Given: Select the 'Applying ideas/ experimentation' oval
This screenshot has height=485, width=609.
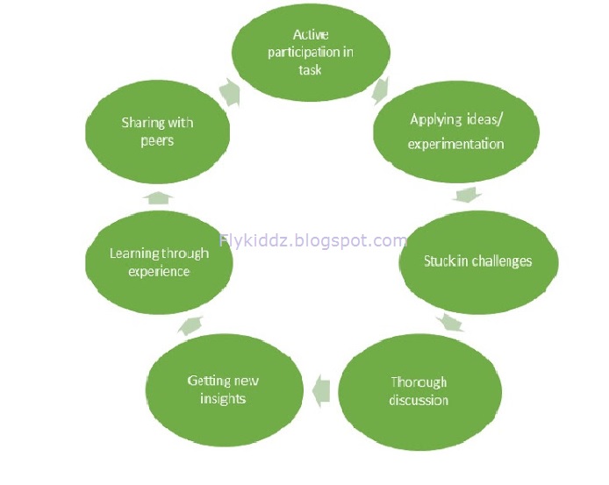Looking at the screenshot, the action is (x=455, y=132).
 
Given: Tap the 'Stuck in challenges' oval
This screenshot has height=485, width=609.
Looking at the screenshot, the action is (x=478, y=261).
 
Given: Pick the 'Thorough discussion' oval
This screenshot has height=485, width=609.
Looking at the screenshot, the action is (x=419, y=390).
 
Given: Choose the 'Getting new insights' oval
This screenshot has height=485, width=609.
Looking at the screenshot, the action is (x=224, y=389).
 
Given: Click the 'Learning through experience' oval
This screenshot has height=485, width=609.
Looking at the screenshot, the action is (x=159, y=261).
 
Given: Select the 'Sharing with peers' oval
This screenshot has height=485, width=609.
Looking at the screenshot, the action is (x=157, y=132).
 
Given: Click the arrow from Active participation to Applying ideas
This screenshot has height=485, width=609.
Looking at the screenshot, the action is (x=381, y=89).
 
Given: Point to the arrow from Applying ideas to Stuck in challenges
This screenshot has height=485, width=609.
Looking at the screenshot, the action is (x=467, y=194).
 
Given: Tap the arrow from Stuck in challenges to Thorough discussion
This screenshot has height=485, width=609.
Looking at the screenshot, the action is (x=451, y=323).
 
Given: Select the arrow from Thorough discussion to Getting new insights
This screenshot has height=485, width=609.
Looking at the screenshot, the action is (x=320, y=388).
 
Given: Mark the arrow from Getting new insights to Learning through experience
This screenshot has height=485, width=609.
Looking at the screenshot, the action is (x=190, y=326).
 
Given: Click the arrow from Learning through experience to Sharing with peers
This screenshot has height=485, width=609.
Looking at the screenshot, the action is (x=157, y=196).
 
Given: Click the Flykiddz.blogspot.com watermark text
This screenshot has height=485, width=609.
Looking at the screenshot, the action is (x=312, y=240).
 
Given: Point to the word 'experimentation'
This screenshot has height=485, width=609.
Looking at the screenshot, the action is (x=455, y=144).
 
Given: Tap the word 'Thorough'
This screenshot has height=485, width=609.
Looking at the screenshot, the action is (x=419, y=382).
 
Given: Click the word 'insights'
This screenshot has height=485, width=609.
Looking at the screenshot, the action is (x=222, y=399).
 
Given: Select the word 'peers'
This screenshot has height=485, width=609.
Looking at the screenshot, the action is (x=157, y=140).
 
